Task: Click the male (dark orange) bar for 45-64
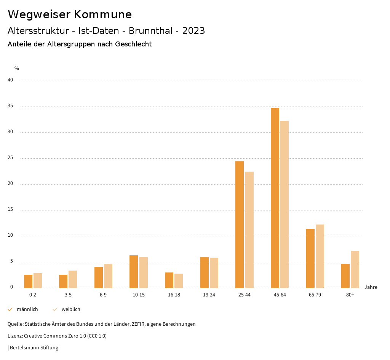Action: point(275,198)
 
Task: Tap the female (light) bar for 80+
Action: point(355,269)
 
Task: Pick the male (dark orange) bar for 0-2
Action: point(28,281)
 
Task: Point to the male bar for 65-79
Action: point(310,258)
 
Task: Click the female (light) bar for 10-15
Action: point(144,272)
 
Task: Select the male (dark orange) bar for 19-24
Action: point(205,272)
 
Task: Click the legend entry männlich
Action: point(27,309)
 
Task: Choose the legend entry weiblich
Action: point(71,309)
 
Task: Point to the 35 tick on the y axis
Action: point(10,106)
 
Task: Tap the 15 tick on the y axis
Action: point(10,210)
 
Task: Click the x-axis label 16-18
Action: point(174,295)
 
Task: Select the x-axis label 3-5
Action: point(68,295)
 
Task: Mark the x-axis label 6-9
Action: point(103,295)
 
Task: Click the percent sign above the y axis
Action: point(17,68)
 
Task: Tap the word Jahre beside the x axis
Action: point(371,287)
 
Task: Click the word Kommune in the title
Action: point(103,14)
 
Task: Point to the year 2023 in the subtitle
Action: point(193,31)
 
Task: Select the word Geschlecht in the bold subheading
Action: point(133,44)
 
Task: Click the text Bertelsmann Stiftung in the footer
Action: point(34,348)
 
